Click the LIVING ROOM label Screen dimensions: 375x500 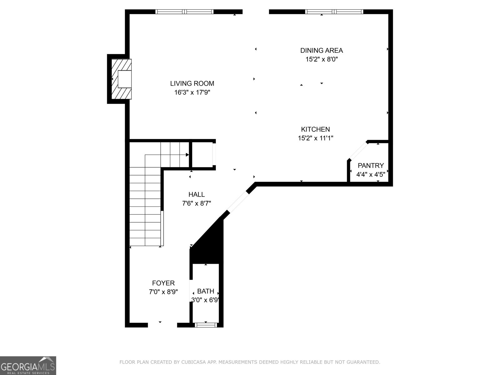pyautogui.click(x=192, y=83)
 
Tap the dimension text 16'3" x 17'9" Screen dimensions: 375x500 pyautogui.click(x=192, y=92)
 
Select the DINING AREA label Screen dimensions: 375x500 pyautogui.click(x=322, y=50)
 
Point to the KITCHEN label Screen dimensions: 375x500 pyautogui.click(x=315, y=129)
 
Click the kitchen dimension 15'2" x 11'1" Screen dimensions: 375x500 pyautogui.click(x=315, y=138)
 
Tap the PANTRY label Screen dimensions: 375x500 pyautogui.click(x=371, y=166)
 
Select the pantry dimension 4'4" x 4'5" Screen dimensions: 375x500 pyautogui.click(x=371, y=174)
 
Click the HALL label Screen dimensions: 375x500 pyautogui.click(x=197, y=194)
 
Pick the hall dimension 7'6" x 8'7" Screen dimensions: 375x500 pyautogui.click(x=197, y=203)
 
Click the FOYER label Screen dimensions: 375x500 pyautogui.click(x=163, y=283)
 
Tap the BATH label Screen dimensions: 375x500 pyautogui.click(x=206, y=291)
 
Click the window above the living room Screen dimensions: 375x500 pyautogui.click(x=185, y=12)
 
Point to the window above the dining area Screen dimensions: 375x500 pyautogui.click(x=334, y=12)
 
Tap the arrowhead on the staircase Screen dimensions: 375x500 pyautogui.click(x=187, y=155)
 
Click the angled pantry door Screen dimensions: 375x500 pyautogui.click(x=358, y=152)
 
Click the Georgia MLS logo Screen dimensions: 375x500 pyautogui.click(x=28, y=365)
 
